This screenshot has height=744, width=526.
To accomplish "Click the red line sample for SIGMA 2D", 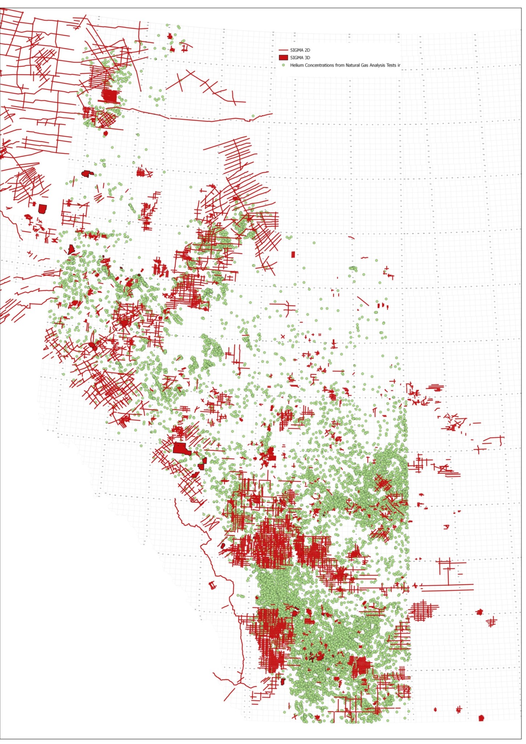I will pyautogui.click(x=283, y=50).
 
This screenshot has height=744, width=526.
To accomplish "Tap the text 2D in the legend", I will pyautogui.click(x=307, y=50).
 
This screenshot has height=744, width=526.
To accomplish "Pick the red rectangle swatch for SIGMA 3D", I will pyautogui.click(x=283, y=57).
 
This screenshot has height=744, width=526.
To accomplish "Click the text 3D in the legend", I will pyautogui.click(x=307, y=58).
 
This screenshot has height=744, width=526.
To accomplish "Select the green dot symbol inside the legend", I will pyautogui.click(x=283, y=65).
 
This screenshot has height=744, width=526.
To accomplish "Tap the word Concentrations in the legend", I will pyautogui.click(x=319, y=65).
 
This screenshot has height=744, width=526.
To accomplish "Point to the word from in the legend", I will pyautogui.click(x=340, y=65).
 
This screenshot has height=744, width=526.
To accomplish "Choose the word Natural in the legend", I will pyautogui.click(x=353, y=65).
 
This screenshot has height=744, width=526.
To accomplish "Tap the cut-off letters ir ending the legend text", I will pyautogui.click(x=399, y=65).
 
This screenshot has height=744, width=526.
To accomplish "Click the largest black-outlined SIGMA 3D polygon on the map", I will pyautogui.click(x=181, y=449).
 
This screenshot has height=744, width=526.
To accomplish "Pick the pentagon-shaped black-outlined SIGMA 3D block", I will pyautogui.click(x=43, y=209).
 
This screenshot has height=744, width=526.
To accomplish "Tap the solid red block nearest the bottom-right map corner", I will pyautogui.click(x=481, y=718).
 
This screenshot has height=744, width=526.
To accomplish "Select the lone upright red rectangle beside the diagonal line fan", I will pyautogui.click(x=293, y=254).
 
